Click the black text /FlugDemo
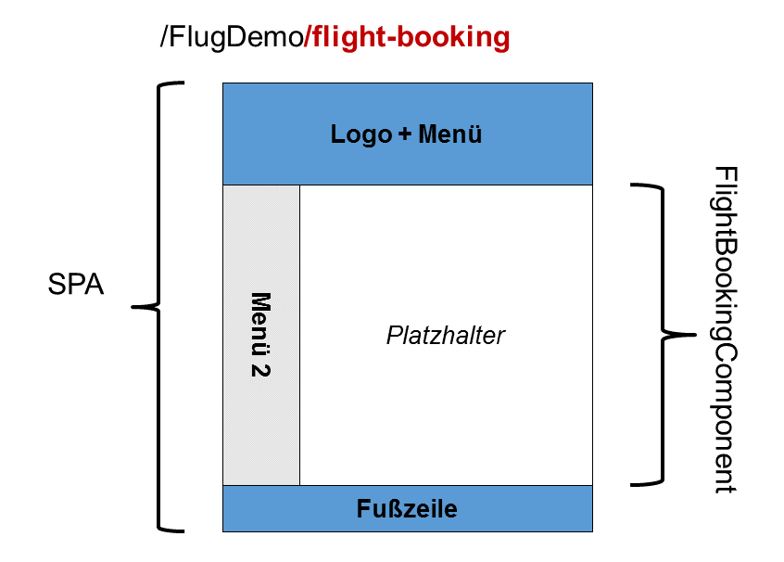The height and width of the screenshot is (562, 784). (x=232, y=38)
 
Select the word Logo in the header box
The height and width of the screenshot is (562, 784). (x=360, y=134)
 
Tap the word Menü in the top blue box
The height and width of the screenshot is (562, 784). (x=450, y=134)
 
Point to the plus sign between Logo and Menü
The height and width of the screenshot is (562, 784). (x=404, y=135)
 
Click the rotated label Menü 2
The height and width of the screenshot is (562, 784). (x=261, y=335)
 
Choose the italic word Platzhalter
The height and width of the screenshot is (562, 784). (x=446, y=335)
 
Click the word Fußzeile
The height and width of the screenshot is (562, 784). (x=407, y=509)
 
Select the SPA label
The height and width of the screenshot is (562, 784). (x=76, y=285)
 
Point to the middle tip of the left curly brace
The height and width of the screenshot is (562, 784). (x=136, y=305)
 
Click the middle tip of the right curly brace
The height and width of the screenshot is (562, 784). (x=690, y=333)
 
